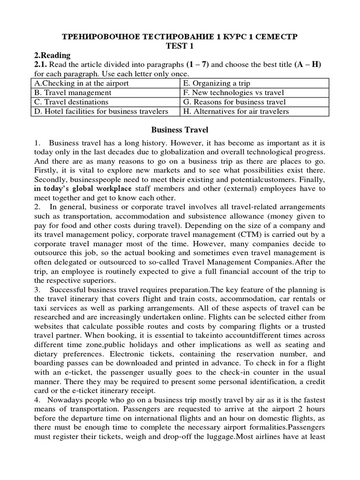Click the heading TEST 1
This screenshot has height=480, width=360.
point(180,45)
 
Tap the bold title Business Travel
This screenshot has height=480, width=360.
point(180,129)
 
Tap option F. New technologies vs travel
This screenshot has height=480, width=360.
point(233,93)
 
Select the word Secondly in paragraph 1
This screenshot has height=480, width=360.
point(48,179)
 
